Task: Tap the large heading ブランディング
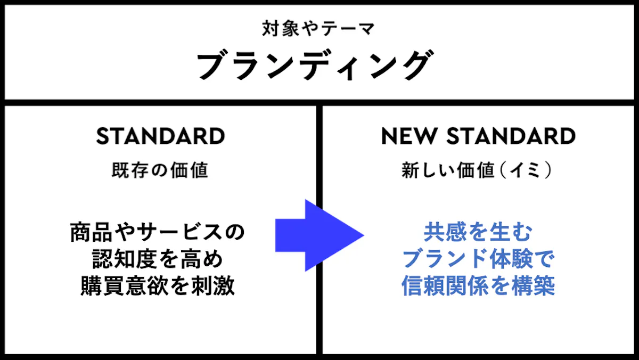315,65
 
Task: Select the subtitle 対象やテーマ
318,29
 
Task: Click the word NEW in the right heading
409,136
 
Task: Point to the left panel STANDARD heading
161,136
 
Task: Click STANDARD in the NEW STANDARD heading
511,136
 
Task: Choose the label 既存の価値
160,170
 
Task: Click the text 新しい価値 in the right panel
448,170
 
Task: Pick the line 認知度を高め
158,259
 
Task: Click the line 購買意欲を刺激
158,285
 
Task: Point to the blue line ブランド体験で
478,259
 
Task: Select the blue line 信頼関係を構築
478,285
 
